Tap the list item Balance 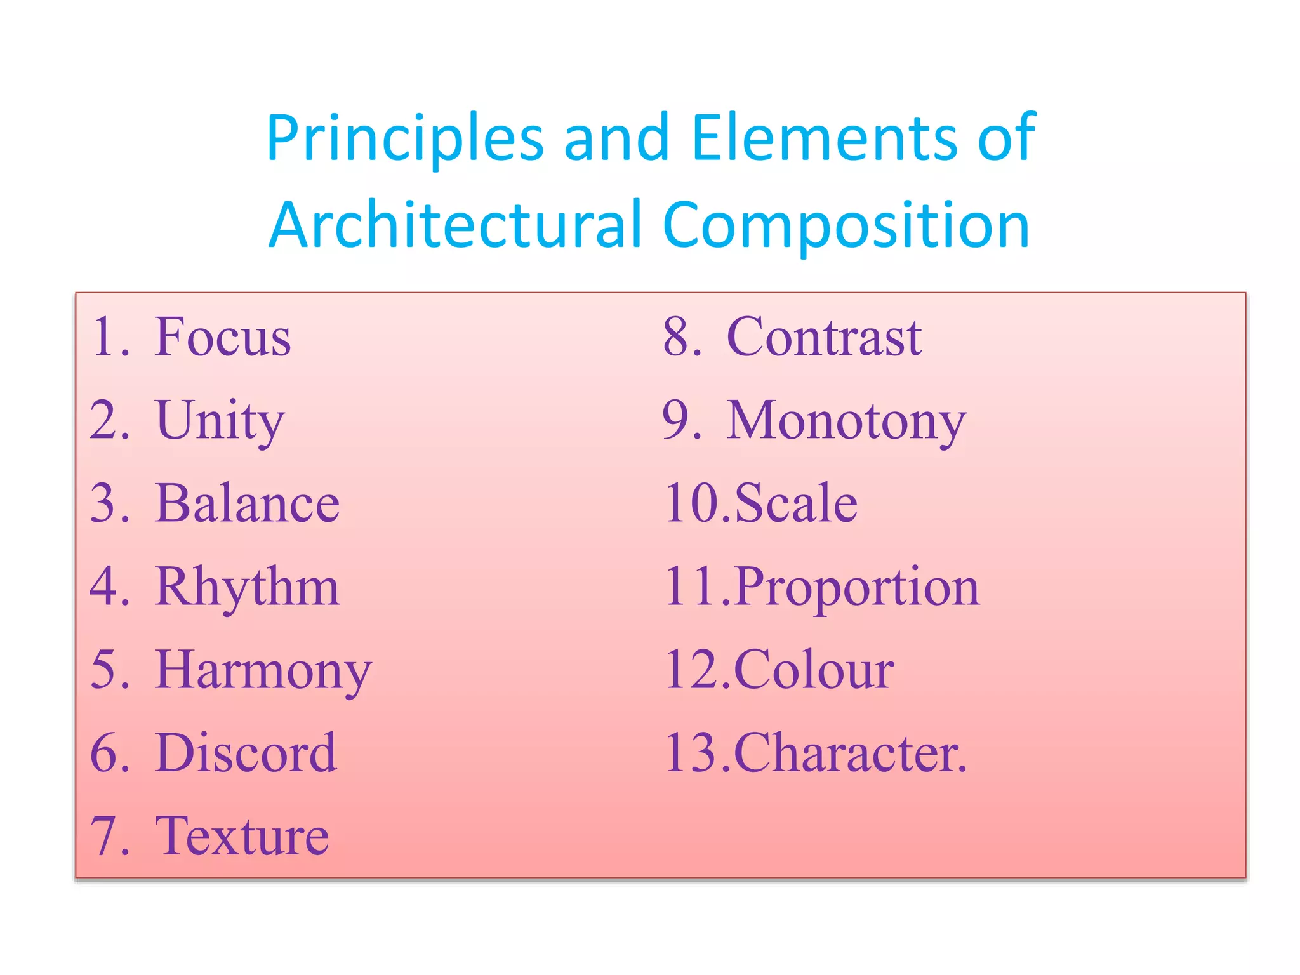pos(247,503)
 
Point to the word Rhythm pos(247,588)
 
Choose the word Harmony pos(263,671)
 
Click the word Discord pos(245,753)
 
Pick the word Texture pos(242,837)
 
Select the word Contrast pos(823,336)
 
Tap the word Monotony pos(846,420)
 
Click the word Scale pos(796,503)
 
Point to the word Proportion pos(857,587)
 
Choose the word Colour pos(814,670)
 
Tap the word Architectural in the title pos(456,225)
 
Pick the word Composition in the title pos(846,226)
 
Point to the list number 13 pos(693,753)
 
